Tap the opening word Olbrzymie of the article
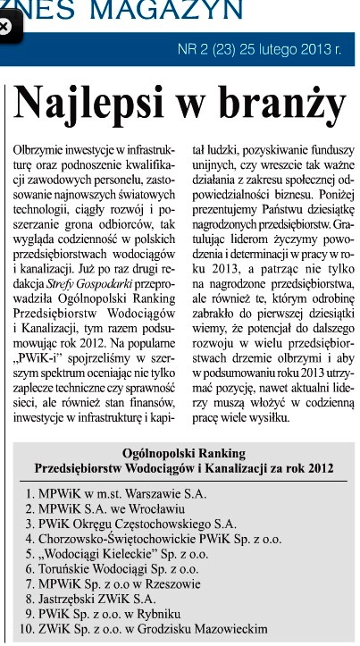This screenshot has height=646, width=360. click(42, 144)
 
